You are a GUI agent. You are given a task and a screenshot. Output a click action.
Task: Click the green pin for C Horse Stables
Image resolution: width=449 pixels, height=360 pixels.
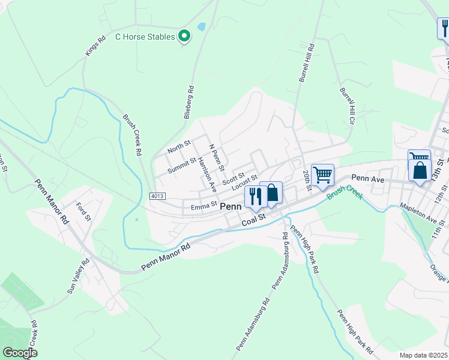coord(185,36)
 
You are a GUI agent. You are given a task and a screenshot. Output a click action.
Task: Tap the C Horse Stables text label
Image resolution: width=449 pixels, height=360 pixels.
coord(145,37)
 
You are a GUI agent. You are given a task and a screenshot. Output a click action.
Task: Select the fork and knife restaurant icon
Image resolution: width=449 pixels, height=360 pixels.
coord(255,196)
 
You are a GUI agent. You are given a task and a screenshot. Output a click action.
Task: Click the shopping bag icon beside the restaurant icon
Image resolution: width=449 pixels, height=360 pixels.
coord(272,193)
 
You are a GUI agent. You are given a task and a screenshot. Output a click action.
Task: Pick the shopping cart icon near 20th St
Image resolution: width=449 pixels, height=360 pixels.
coord(323,175)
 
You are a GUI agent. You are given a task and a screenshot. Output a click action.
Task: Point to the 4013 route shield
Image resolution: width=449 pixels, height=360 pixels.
coord(157,196)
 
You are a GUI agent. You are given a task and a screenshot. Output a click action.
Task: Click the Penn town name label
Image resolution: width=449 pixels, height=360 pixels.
coord(231,206)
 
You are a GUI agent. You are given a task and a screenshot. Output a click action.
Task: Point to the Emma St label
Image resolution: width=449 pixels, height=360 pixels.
coord(203,207)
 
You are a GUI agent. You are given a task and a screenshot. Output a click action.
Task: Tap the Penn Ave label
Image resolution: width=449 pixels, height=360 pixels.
coord(367,178)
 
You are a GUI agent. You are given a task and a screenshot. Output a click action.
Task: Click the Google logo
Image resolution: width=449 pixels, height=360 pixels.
coord(20,353)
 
